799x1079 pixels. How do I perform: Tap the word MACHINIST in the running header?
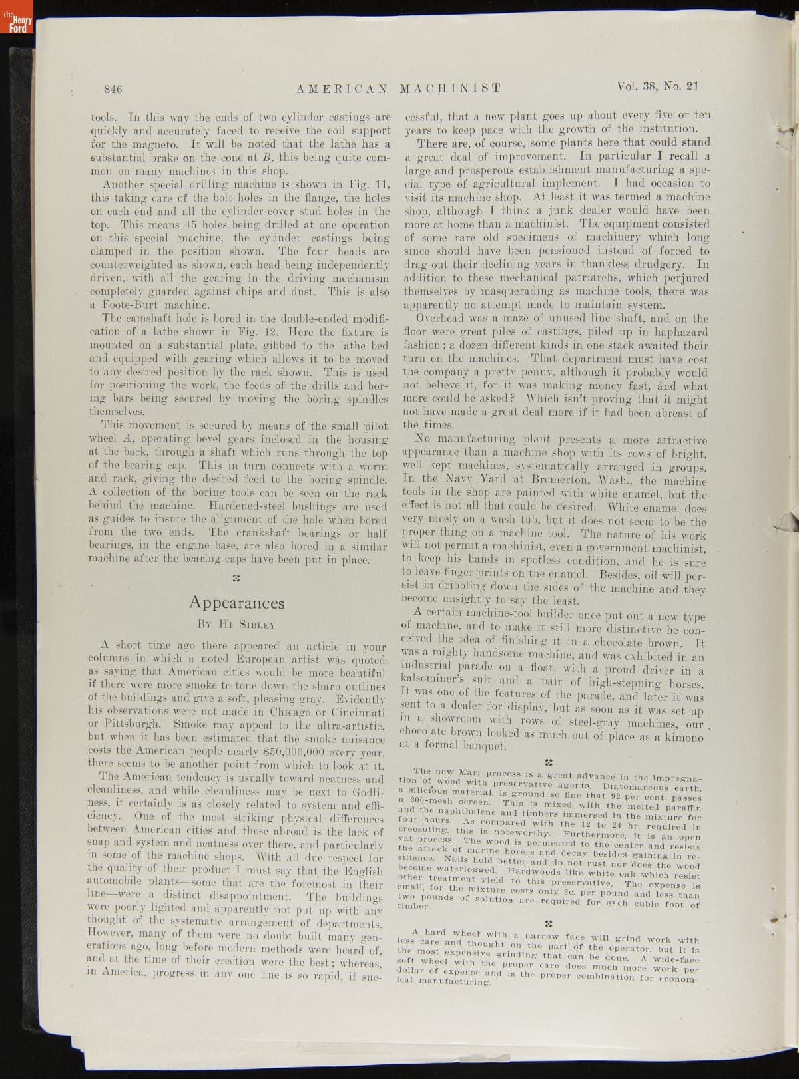click(x=450, y=88)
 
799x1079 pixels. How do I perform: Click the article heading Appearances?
click(x=236, y=603)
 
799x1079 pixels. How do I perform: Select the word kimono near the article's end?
click(x=680, y=738)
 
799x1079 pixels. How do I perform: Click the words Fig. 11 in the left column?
click(x=372, y=184)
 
